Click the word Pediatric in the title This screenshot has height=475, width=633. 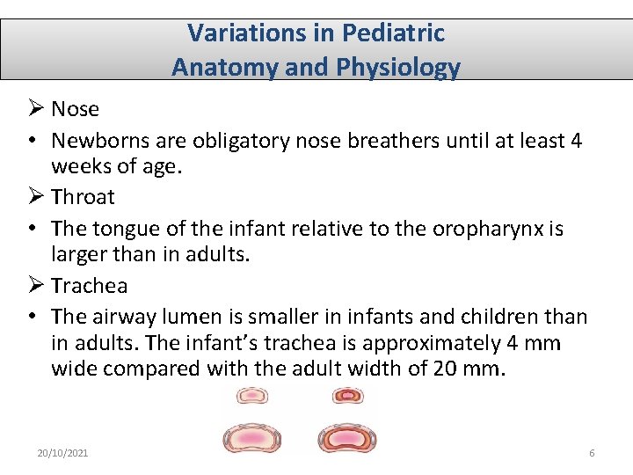point(393,33)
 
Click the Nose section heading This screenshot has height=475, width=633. point(75,109)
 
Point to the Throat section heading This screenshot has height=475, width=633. point(83,197)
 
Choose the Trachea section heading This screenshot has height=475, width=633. point(89,286)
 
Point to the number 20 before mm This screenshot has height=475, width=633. point(446,368)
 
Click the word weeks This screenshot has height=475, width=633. point(79,166)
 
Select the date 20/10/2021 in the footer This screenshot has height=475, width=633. point(62,452)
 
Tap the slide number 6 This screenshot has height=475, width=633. point(592,452)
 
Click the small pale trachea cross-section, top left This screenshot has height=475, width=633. point(252,397)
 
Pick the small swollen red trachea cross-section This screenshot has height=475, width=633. point(347,397)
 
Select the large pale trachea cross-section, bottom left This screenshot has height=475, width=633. point(252,437)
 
